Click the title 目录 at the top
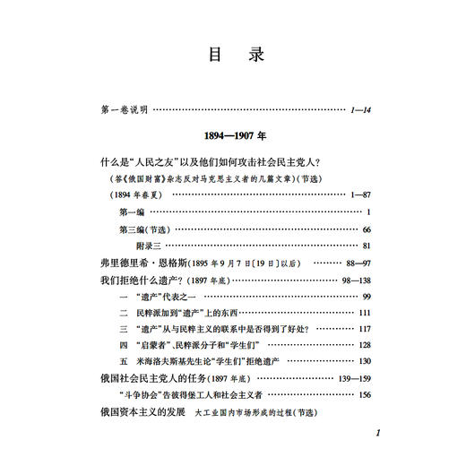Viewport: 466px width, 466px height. [232, 55]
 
